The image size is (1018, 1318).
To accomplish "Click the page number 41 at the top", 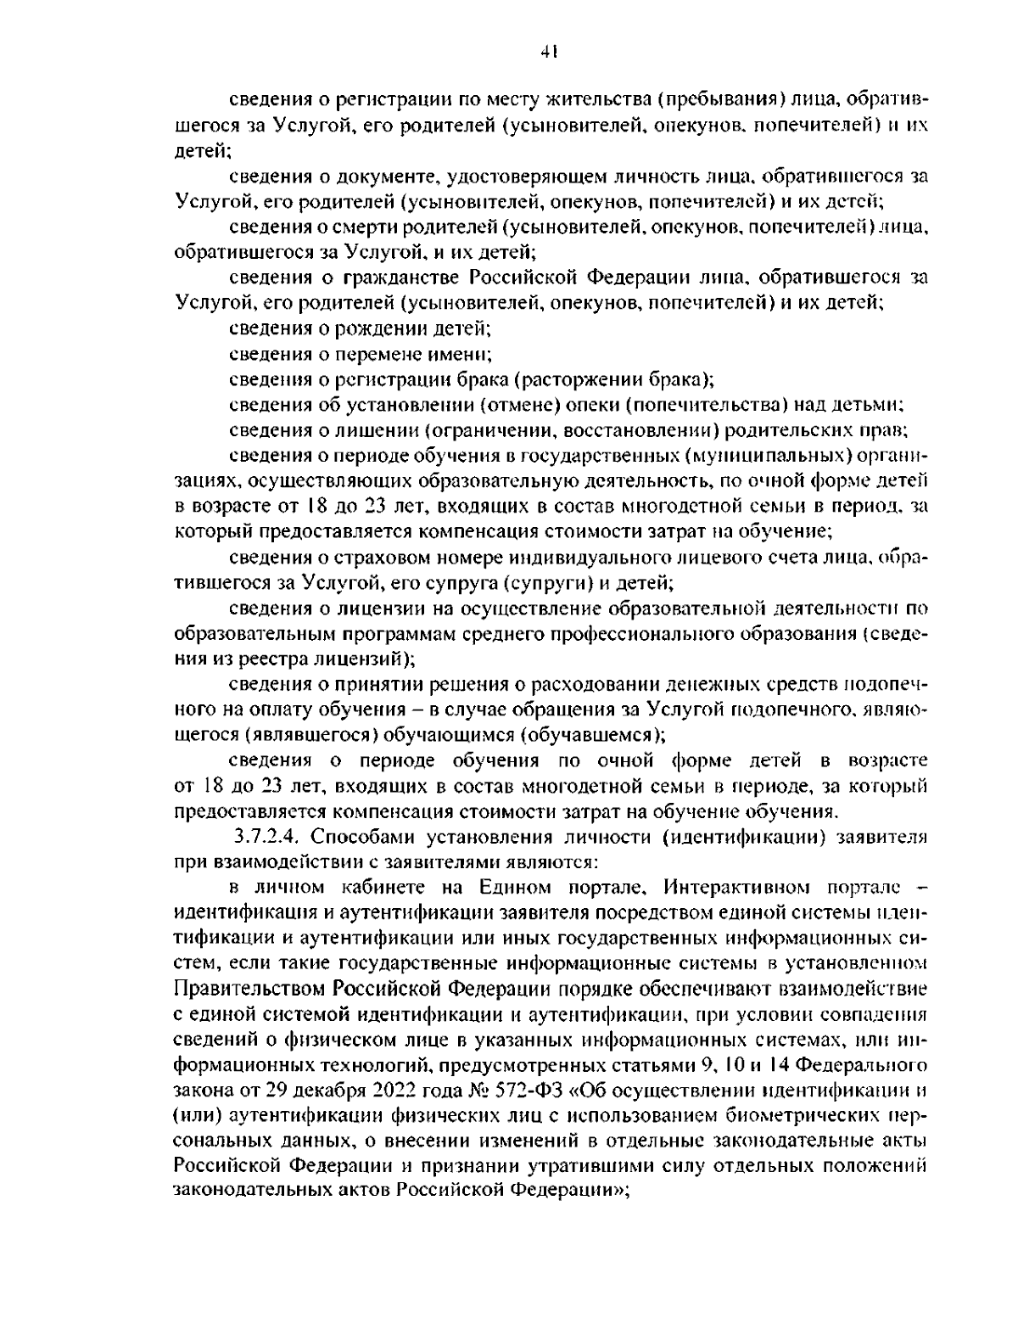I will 547,53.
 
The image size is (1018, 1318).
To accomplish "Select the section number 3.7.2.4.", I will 267,837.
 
